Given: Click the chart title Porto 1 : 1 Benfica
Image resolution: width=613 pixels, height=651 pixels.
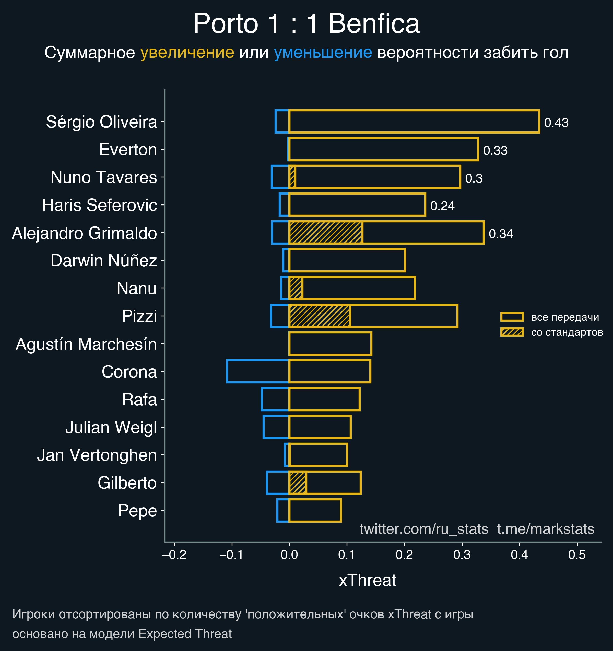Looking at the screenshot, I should (x=306, y=23).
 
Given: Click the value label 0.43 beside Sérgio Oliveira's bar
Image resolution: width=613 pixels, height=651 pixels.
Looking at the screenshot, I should (x=556, y=123).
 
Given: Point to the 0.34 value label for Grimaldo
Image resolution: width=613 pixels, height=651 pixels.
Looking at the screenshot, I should (x=501, y=234).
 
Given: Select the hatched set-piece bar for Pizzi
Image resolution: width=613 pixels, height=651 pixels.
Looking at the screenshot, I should (x=320, y=316).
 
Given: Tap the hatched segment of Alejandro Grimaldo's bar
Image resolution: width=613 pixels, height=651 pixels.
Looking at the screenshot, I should (x=326, y=233).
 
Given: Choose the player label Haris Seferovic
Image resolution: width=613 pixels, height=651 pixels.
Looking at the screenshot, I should (x=100, y=205).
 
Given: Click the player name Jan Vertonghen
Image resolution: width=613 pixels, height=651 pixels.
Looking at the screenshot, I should (x=97, y=455).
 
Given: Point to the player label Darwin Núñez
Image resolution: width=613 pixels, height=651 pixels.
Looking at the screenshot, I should (x=104, y=261).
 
